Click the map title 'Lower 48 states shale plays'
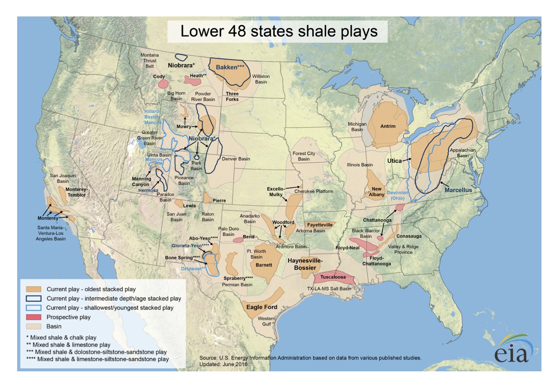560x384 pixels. (x=278, y=31)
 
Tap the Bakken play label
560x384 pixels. (x=229, y=67)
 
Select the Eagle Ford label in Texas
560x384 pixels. (x=261, y=307)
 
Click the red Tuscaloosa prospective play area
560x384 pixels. (x=333, y=278)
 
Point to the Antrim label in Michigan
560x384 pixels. (x=388, y=126)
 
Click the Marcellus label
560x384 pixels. (x=458, y=190)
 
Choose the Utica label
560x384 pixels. (x=394, y=161)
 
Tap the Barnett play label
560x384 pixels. (x=263, y=265)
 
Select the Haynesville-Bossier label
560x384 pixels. (x=305, y=264)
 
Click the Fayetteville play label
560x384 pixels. (x=320, y=225)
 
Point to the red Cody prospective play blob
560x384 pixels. (x=163, y=84)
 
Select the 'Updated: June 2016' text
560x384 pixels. (x=223, y=364)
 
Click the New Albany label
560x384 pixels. (x=376, y=191)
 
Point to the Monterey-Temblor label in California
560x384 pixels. (x=76, y=192)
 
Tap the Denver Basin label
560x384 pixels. (x=236, y=159)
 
